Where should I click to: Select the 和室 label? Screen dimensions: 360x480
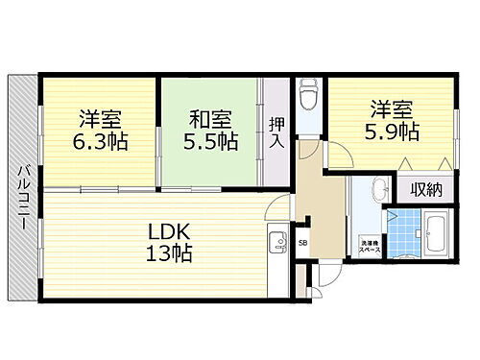[209, 120]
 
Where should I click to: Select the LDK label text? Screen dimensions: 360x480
[171, 231]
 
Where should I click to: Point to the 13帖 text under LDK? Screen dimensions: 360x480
[171, 254]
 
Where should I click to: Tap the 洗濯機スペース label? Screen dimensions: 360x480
[369, 245]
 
